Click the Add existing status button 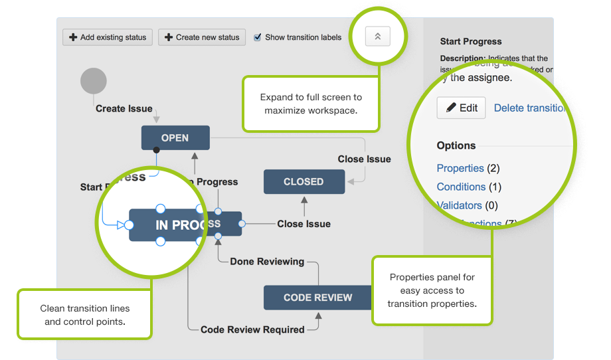click(x=108, y=37)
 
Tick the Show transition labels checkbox click(x=258, y=38)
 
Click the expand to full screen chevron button click(x=377, y=37)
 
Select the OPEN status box click(x=175, y=138)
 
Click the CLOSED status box click(x=304, y=181)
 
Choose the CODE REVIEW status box click(x=317, y=298)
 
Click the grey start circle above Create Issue click(x=94, y=81)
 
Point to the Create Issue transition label click(x=124, y=108)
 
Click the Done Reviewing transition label click(x=267, y=261)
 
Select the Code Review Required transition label click(x=252, y=329)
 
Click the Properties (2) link click(x=460, y=168)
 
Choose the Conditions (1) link click(x=461, y=187)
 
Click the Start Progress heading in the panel click(x=471, y=41)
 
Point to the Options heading click(x=456, y=145)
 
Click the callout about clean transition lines click(x=85, y=315)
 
